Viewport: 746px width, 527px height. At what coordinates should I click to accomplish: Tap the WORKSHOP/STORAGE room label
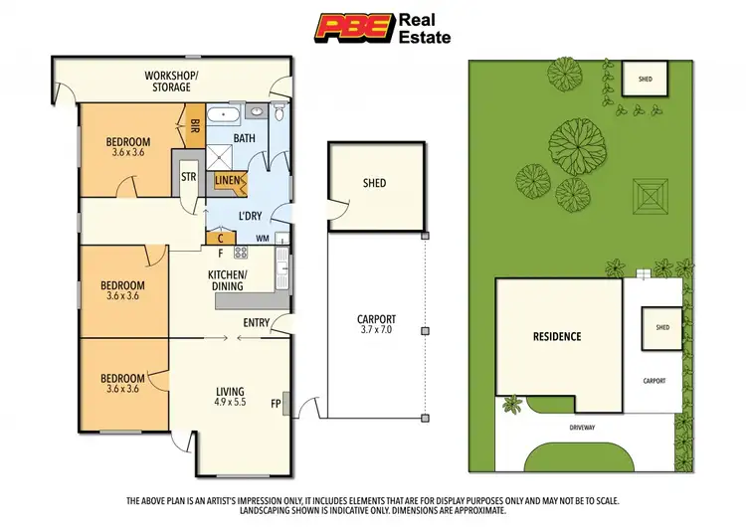(x=172, y=82)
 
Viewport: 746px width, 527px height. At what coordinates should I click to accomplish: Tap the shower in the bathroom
(x=217, y=154)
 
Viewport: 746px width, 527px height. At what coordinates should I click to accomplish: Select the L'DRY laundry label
(x=249, y=216)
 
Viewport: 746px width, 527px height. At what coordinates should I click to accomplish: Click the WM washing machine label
(x=262, y=238)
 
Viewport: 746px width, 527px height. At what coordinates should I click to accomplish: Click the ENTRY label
(x=256, y=322)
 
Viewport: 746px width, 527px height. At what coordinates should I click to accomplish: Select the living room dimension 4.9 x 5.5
(x=230, y=403)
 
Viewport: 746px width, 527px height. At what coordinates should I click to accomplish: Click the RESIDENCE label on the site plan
(x=555, y=336)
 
